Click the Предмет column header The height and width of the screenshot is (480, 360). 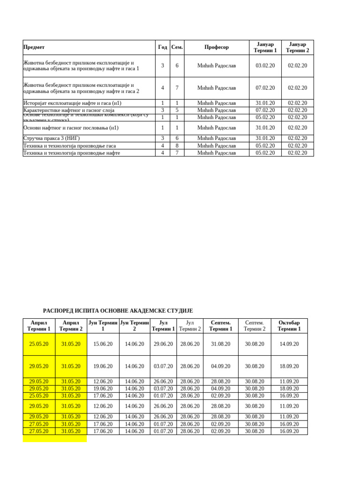coord(34,47)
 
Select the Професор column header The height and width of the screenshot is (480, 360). coord(217,47)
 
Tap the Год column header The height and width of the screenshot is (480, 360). coord(163,47)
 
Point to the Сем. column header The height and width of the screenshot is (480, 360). coord(177,47)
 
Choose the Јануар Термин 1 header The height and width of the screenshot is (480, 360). coord(265,47)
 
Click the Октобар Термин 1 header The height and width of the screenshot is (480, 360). coord(289,326)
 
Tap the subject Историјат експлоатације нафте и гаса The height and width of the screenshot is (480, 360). coord(72,103)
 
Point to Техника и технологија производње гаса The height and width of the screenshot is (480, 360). coord(69,146)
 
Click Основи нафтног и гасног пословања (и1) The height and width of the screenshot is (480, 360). coord(71,127)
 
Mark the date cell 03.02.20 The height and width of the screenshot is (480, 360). coord(265,66)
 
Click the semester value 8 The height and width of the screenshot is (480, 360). coord(177,146)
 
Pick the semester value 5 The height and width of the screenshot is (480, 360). coord(177,110)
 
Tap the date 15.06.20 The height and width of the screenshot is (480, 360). coord(103,344)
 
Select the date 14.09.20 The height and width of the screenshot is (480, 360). coord(289,344)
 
